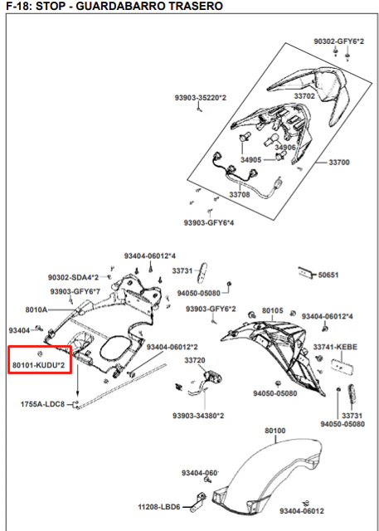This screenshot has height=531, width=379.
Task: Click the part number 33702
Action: tap(304, 96)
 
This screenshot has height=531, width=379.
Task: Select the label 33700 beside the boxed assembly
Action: tap(339, 163)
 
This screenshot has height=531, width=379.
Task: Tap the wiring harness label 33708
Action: tap(240, 195)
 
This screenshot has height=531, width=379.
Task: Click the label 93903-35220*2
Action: tap(201, 98)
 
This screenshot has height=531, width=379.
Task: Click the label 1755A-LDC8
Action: tap(42, 404)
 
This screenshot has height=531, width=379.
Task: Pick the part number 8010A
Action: tap(36, 309)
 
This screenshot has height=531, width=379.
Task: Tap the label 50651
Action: tap(328, 275)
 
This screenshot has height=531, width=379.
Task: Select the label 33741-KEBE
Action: tap(335, 347)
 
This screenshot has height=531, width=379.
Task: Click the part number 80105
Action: tap(273, 310)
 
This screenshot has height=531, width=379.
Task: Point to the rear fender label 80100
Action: tap(275, 431)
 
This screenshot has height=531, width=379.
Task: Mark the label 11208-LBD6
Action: tap(159, 507)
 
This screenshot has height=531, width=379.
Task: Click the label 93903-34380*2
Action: tap(198, 416)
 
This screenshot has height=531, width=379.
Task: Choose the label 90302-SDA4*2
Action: tap(74, 278)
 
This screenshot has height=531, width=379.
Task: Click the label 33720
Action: tap(195, 360)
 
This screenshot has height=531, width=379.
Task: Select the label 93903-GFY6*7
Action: tap(75, 291)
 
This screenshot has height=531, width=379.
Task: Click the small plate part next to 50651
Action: tap(306, 272)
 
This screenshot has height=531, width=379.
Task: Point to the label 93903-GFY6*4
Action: tap(209, 222)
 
